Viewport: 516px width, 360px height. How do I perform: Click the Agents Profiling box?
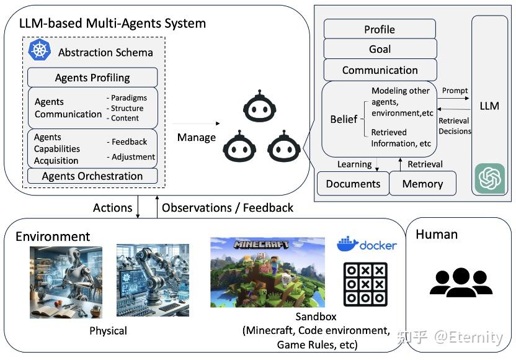pos(92,78)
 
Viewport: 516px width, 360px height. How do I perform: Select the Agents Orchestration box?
pos(92,176)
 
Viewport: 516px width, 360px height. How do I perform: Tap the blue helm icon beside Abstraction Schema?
pos(39,50)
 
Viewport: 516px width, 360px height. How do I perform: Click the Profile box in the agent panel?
pos(380,29)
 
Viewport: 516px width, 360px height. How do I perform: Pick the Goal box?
pos(380,49)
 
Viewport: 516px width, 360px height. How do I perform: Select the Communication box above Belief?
pos(380,70)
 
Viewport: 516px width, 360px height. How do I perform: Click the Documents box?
pos(352,184)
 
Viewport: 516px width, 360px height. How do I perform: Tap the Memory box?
pos(422,184)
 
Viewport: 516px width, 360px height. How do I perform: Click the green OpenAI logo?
pos(489,179)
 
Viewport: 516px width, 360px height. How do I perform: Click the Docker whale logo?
pos(348,244)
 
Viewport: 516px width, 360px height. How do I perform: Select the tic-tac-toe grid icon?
pos(365,284)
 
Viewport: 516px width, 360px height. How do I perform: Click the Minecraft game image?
pos(267,272)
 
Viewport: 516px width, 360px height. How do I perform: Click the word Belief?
pos(343,119)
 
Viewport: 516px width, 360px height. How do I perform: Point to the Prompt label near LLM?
pos(455,91)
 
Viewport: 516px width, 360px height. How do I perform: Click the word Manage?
pos(196,137)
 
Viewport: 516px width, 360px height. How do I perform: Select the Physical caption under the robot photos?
pos(108,330)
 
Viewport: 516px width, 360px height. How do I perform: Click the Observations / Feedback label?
pos(227,207)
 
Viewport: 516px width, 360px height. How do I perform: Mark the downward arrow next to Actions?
pos(138,207)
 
